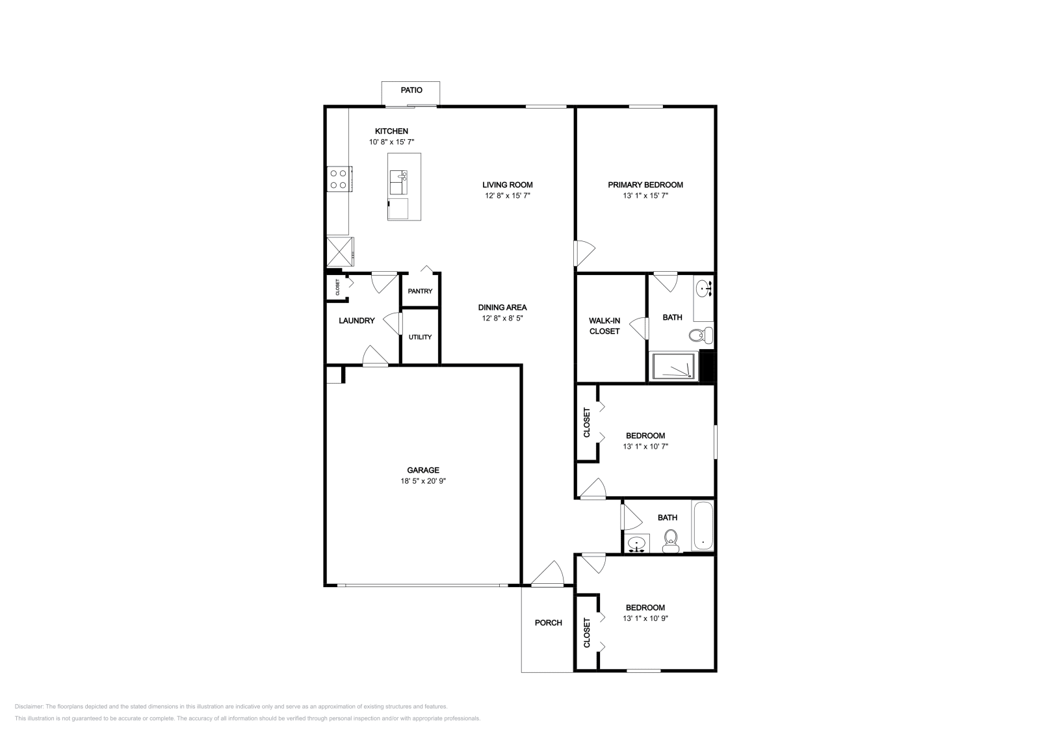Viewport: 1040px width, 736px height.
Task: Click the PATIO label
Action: (x=411, y=90)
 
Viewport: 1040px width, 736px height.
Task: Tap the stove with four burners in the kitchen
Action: (x=338, y=179)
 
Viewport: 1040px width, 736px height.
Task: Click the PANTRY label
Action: (x=420, y=291)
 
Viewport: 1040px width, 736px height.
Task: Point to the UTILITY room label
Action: (x=420, y=337)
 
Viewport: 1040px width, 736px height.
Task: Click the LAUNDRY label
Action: (x=356, y=321)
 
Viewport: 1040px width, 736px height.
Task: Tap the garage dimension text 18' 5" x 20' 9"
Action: (x=423, y=481)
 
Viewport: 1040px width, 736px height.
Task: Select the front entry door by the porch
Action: (x=547, y=575)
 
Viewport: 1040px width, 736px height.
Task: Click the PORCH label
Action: (x=548, y=623)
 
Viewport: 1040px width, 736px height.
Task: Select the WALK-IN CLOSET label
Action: (x=604, y=326)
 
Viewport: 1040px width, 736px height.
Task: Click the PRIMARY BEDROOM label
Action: (x=645, y=185)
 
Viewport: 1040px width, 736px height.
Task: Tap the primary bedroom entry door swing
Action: (x=584, y=252)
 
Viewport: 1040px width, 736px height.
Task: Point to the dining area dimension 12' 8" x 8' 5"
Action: (x=502, y=319)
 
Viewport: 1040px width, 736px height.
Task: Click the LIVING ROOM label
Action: (x=507, y=185)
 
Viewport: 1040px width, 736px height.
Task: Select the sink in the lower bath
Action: (x=638, y=543)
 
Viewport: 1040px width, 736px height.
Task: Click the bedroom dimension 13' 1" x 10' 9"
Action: (x=645, y=618)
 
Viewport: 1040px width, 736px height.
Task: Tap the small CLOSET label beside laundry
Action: (x=337, y=287)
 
